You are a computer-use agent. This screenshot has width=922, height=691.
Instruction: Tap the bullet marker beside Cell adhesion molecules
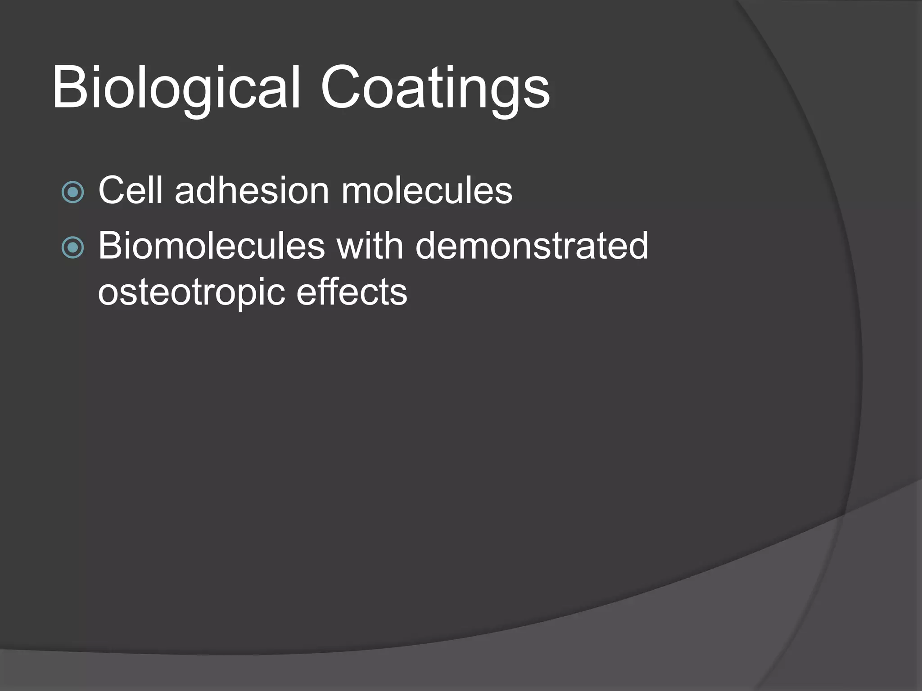click(72, 193)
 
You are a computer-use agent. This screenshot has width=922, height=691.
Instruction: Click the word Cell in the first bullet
click(130, 190)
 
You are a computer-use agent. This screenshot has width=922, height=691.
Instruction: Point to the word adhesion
click(252, 190)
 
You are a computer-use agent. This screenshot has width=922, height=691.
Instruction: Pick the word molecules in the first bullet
click(427, 190)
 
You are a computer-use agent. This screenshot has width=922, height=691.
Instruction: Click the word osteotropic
click(191, 293)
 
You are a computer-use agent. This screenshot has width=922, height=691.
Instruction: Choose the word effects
click(352, 292)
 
